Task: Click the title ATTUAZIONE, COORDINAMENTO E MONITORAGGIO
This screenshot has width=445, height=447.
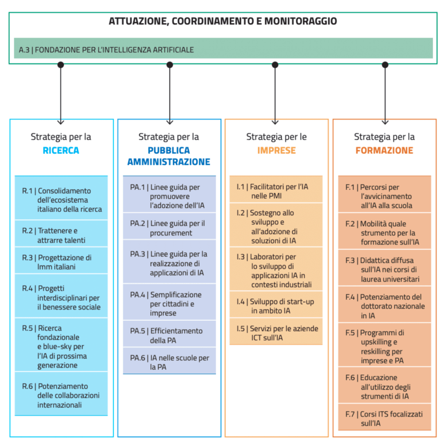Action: click(x=223, y=21)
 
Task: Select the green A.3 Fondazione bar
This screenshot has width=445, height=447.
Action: click(x=223, y=48)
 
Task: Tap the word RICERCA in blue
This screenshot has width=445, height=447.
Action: click(x=61, y=150)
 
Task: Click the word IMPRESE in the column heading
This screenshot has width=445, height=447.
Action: click(x=276, y=150)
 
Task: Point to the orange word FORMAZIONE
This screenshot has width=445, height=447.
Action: click(x=384, y=150)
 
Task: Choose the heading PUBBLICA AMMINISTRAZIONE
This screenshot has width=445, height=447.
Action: click(x=169, y=156)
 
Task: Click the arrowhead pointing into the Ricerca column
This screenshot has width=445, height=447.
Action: click(x=60, y=122)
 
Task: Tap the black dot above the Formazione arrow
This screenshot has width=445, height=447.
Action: click(x=385, y=65)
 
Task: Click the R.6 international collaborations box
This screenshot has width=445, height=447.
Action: click(x=61, y=394)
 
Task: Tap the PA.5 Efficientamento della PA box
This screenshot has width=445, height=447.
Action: click(x=169, y=334)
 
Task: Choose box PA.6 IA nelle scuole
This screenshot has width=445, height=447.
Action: click(x=169, y=361)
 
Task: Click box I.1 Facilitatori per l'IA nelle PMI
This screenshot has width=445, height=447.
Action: click(x=276, y=189)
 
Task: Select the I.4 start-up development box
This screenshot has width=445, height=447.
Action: click(x=276, y=304)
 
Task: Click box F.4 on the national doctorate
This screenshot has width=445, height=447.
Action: click(x=385, y=304)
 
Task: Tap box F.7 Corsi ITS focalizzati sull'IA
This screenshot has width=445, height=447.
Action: click(x=385, y=417)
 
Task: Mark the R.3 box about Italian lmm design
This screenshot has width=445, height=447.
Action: click(x=61, y=261)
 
